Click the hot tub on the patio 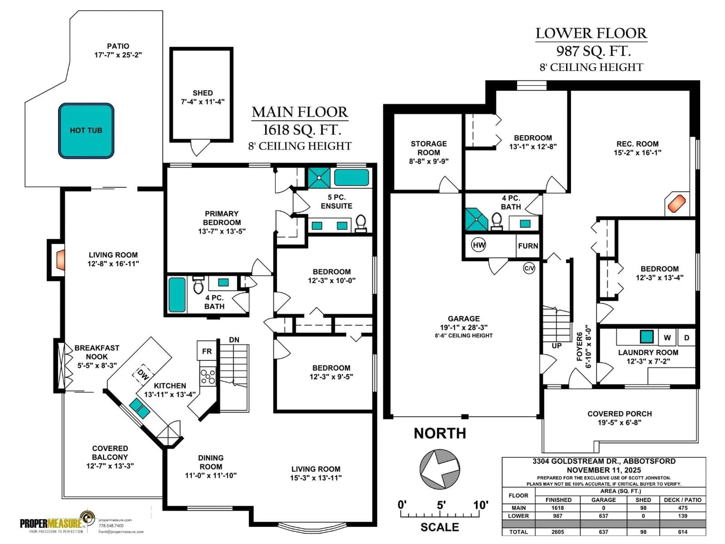coord(86,131)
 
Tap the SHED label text coord(203,93)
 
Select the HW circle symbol coord(479,245)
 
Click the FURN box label coord(528,246)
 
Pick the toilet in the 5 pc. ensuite coord(361,223)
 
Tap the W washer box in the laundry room coord(667,338)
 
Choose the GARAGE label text coord(464,318)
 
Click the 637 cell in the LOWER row coord(603,516)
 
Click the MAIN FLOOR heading coord(300,112)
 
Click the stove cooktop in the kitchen coord(208,377)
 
